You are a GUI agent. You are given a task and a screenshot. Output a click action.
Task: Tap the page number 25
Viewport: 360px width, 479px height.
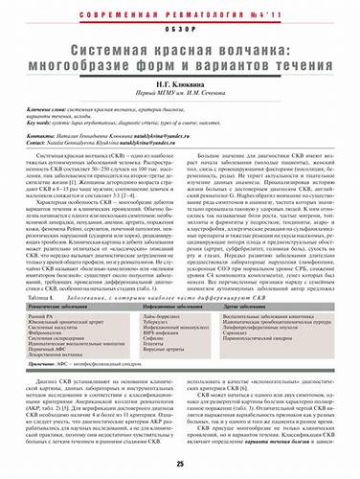click(x=180, y=463)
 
